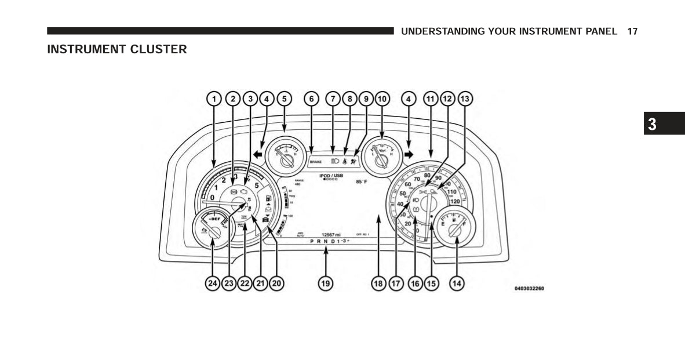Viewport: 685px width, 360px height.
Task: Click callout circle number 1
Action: (x=214, y=99)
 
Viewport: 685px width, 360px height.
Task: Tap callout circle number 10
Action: (x=381, y=99)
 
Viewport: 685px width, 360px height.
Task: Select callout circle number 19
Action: (x=326, y=283)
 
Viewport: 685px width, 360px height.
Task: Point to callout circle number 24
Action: (x=213, y=283)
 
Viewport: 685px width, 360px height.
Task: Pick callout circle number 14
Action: (x=457, y=283)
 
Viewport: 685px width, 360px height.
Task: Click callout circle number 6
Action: (x=311, y=99)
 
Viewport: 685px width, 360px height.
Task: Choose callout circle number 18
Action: (x=378, y=283)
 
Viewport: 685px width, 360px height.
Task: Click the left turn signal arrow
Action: (x=257, y=155)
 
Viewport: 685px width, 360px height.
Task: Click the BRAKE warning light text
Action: (x=316, y=162)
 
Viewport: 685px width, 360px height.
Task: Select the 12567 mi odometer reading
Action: (x=331, y=235)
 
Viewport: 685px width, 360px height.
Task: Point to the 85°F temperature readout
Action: (x=362, y=181)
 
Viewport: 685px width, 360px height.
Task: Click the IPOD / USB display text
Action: (x=331, y=175)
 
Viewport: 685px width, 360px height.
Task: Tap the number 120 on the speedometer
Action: (x=454, y=202)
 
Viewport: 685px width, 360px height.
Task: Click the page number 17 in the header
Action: (x=632, y=31)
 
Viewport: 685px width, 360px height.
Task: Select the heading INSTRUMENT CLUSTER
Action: (x=117, y=49)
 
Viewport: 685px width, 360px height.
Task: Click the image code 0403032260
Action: (x=529, y=288)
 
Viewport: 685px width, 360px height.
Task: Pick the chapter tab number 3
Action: (x=653, y=124)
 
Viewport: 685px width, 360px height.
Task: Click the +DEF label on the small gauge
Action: (x=214, y=219)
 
